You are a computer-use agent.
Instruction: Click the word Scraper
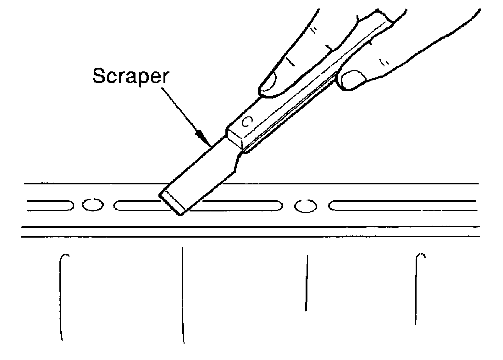(x=130, y=76)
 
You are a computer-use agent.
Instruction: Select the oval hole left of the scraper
(x=93, y=205)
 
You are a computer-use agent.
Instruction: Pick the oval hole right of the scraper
(x=306, y=206)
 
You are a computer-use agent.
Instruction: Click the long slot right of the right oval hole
(x=402, y=205)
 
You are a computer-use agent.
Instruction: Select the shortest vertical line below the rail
(x=307, y=283)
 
